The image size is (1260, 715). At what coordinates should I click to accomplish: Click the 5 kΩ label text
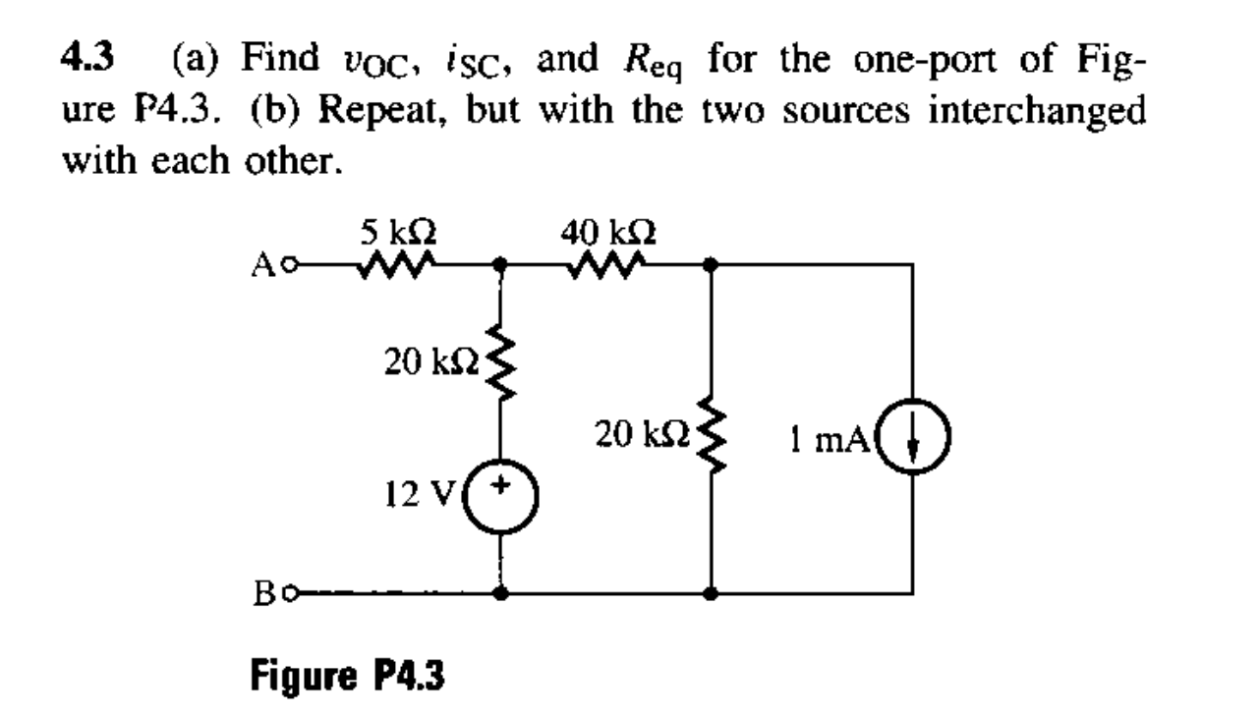coord(392,234)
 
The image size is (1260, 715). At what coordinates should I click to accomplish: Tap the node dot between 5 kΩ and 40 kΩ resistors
coord(502,264)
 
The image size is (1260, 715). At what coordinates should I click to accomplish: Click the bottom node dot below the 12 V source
coord(502,593)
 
